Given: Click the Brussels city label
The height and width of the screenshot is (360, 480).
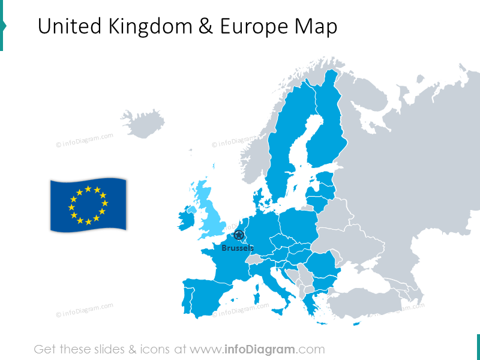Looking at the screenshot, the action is tap(238, 248).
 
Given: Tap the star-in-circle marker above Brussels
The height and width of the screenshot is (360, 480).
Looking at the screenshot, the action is tap(239, 235).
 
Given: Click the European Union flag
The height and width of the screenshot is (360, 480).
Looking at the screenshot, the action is tap(88, 205).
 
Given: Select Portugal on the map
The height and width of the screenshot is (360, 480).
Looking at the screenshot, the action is tap(186, 297).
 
